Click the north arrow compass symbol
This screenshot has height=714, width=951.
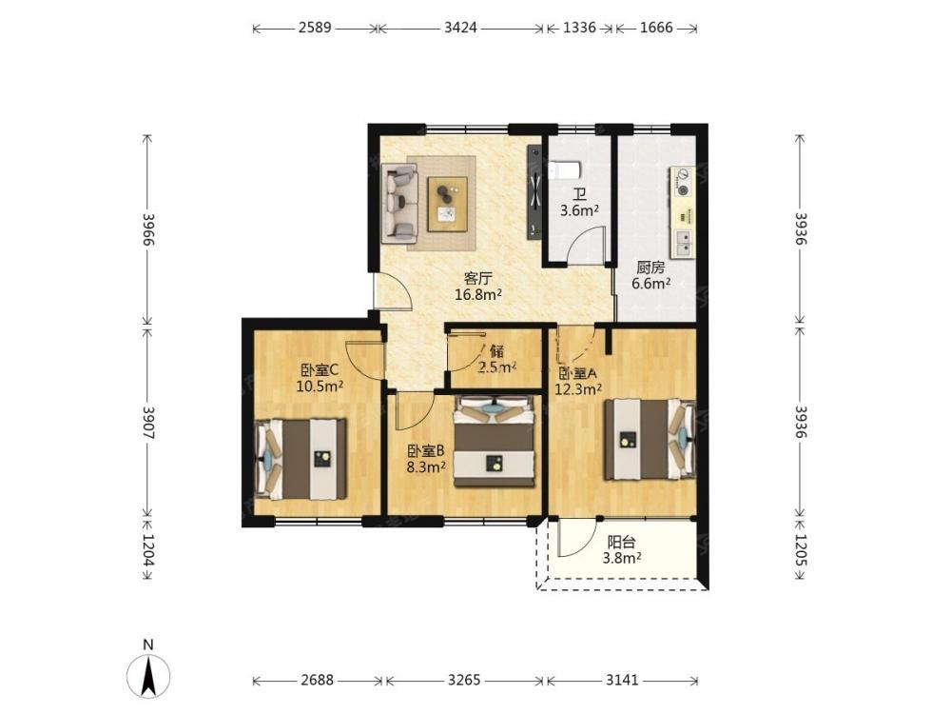coord(148,675)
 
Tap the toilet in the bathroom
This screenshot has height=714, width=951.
coord(565,170)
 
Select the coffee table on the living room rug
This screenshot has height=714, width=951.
coord(448,204)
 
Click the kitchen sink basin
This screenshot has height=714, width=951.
coord(683,243)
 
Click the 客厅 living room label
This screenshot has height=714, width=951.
coord(478,279)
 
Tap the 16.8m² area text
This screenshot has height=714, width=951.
coord(478,295)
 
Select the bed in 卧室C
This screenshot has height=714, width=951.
coord(301,459)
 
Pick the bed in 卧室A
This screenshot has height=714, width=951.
coord(649,438)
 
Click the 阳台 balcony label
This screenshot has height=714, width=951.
coord(622,543)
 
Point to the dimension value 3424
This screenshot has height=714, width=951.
coord(460,28)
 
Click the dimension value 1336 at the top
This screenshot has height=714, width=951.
coord(580,28)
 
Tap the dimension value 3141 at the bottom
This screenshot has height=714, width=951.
coord(622,680)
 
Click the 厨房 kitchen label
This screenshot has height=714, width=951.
coord(650,268)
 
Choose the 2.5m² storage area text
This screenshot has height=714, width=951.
coord(497,367)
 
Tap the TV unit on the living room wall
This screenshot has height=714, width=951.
coord(534,192)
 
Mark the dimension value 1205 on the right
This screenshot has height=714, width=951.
coord(801,550)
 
